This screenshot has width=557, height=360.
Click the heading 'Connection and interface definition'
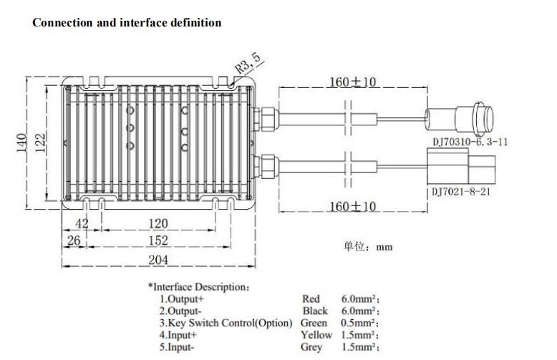[127, 23]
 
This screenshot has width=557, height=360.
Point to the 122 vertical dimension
[42, 142]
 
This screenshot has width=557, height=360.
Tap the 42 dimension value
[82, 223]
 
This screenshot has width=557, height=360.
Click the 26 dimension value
[72, 240]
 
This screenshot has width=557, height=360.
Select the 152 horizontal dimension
[158, 240]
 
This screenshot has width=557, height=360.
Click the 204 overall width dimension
[158, 260]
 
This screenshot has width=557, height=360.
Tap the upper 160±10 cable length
[352, 82]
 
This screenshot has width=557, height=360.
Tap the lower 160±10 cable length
[352, 208]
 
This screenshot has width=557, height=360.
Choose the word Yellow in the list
[316, 334]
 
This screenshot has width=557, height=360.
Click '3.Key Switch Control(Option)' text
[226, 323]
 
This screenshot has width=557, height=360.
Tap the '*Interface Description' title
[199, 286]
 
